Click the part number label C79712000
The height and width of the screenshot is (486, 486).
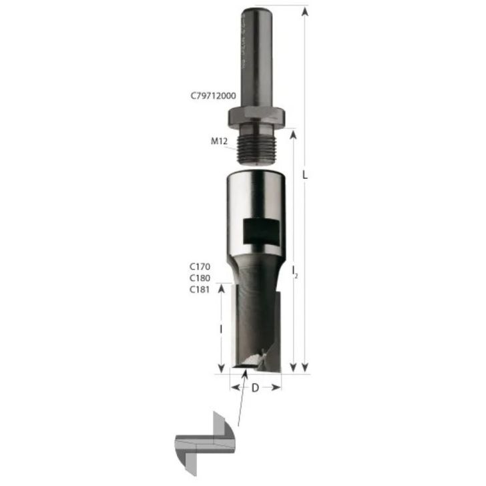coord(212,96)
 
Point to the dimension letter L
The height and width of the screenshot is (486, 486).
coord(304,176)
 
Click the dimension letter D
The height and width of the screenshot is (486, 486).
coord(255,389)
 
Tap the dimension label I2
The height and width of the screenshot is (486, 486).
coord(294,270)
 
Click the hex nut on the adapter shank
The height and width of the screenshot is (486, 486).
coord(256,117)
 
